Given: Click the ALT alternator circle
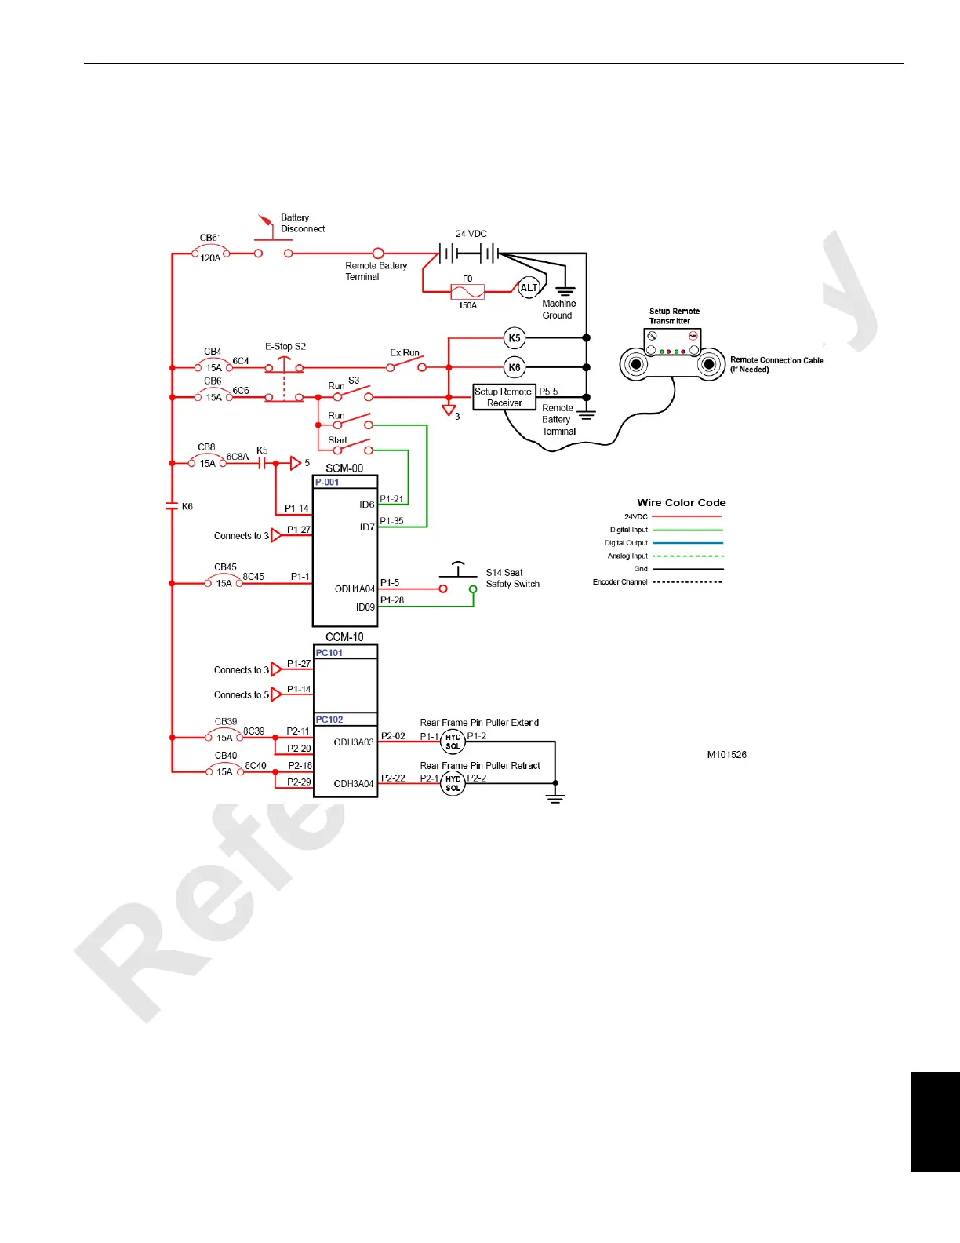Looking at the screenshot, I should point(529,288).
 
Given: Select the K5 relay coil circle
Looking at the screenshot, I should point(515,338).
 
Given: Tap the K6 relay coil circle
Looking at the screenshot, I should point(515,367).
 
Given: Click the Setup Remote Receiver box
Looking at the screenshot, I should point(504,397).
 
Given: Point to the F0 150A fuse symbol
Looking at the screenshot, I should point(467,292).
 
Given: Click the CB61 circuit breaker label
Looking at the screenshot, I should point(210,238).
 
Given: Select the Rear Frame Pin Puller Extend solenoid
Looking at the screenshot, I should point(453,742).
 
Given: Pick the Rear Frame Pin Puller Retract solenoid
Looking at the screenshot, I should point(453,783).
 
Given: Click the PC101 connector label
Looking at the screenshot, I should point(329,653).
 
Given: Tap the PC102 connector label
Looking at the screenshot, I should point(329,720).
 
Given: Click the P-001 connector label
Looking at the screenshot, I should point(327,483).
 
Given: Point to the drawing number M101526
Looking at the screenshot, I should point(726,755).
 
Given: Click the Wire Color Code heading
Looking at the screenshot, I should point(681,503).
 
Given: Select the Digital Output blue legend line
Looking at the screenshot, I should point(688,543).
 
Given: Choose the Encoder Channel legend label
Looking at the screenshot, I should point(620,582).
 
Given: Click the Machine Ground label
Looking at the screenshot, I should point(558,309).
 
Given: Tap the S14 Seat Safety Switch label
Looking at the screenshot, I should point(512,578).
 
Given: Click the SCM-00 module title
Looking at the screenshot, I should point(344,468).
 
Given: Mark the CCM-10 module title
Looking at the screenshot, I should point(344,637).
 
